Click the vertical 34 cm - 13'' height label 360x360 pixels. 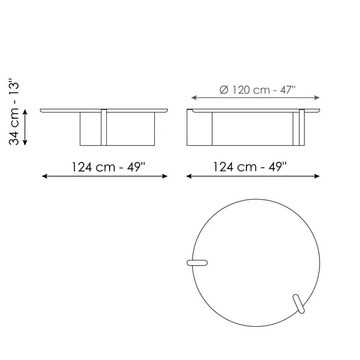click(x=17, y=112)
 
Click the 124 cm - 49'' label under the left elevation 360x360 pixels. click(x=108, y=167)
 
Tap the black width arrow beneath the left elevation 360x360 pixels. click(x=105, y=176)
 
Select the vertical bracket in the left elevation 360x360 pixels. click(x=104, y=127)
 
